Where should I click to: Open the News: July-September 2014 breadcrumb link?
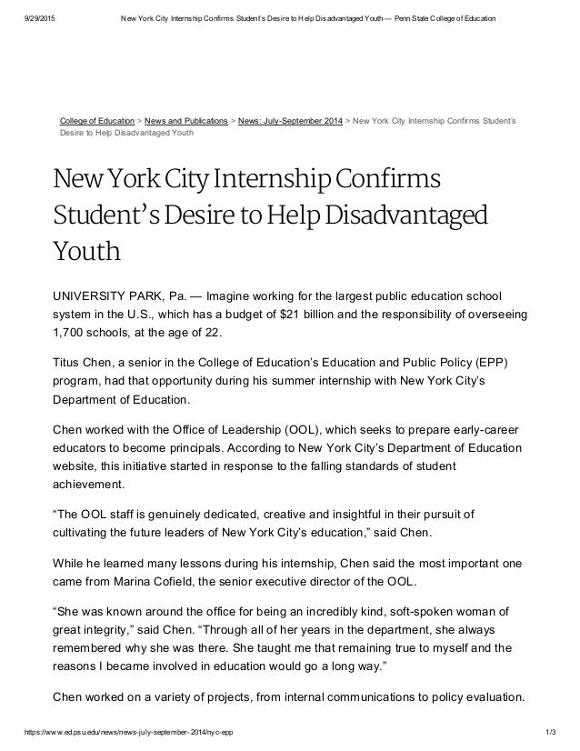point(288,118)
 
